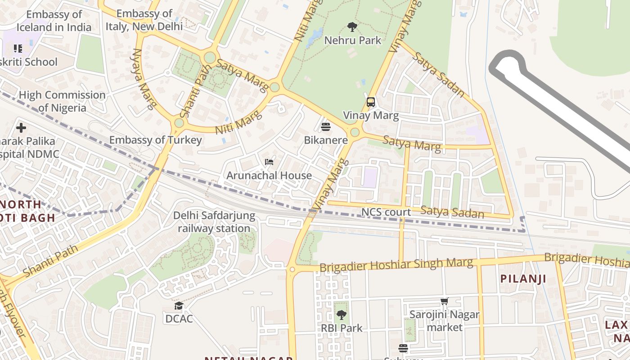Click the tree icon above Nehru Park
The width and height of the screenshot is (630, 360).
point(352,27)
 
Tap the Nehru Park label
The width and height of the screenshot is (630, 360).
point(352,40)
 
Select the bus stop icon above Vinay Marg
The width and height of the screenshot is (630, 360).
point(371,102)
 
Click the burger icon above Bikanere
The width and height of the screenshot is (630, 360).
point(326,127)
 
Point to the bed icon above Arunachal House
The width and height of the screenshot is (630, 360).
point(269,162)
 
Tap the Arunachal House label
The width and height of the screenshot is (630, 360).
point(269,175)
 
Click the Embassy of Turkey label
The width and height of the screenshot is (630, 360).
point(156,140)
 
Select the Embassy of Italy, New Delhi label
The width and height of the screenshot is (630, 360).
point(144,20)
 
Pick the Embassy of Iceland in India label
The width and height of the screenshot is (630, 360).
point(54,21)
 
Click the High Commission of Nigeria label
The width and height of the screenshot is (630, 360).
point(62,101)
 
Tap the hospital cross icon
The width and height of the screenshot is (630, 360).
point(21,128)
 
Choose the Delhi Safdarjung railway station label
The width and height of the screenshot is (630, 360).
point(214,222)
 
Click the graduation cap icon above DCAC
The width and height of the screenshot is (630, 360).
point(179,306)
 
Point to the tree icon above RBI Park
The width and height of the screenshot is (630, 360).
point(342,315)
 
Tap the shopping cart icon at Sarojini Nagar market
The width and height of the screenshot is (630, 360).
point(445,301)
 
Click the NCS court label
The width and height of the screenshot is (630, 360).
point(386,212)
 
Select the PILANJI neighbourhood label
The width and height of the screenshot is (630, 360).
point(523,279)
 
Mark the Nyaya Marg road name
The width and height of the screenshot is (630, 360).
point(144,79)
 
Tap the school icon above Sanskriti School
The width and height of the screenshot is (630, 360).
point(18,48)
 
